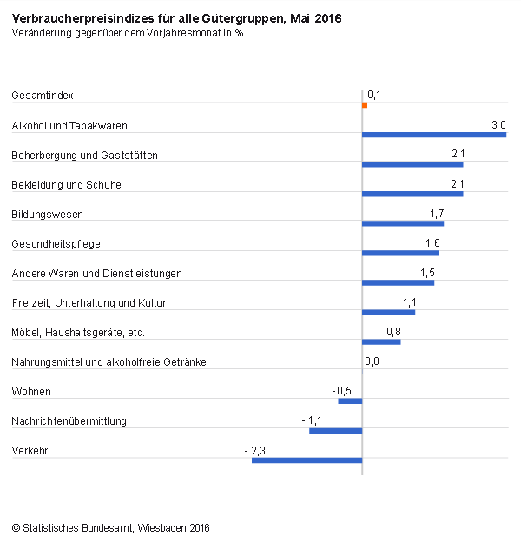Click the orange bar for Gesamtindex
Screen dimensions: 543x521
click(365, 105)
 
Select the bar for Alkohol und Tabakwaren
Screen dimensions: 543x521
click(434, 135)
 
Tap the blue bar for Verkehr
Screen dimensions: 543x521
click(307, 460)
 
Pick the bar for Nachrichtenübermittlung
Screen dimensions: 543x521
click(335, 430)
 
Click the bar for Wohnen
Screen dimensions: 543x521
click(350, 401)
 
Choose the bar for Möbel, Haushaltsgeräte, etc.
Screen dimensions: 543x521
click(381, 341)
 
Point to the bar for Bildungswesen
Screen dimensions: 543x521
click(403, 223)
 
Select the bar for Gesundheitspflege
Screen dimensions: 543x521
click(400, 253)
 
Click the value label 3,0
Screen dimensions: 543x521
click(498, 125)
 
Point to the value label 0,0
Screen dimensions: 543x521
click(372, 361)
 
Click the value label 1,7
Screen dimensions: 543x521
click(437, 214)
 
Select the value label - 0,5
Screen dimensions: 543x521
click(342, 391)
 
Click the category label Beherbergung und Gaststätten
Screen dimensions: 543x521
click(84, 156)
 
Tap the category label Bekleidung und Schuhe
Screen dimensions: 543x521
click(66, 185)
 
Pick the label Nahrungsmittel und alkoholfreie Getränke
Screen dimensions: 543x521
click(109, 362)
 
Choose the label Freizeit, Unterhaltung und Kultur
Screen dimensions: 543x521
click(89, 303)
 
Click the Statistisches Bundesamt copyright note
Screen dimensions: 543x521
click(111, 527)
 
